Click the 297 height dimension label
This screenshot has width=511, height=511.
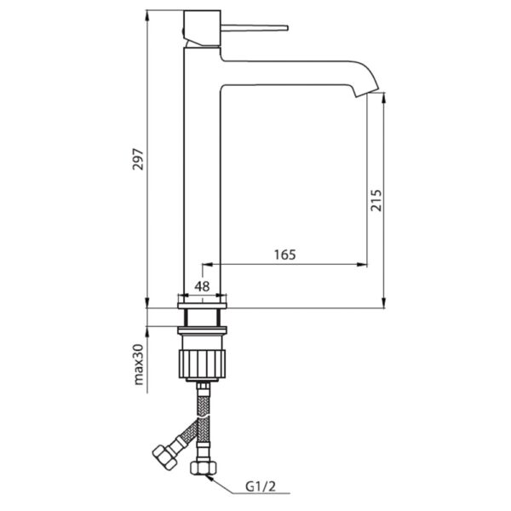coord(138,159)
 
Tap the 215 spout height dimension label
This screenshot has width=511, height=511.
coord(376,200)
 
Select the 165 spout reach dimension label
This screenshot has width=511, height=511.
coord(285,255)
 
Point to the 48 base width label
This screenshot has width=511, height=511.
coord(202,286)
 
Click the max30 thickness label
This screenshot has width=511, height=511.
coord(139,365)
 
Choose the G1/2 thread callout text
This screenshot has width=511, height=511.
coord(261,486)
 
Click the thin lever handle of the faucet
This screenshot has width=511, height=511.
coord(255,28)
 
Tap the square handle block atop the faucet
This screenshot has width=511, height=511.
coord(202,28)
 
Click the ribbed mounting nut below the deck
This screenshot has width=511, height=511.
coord(203,364)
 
